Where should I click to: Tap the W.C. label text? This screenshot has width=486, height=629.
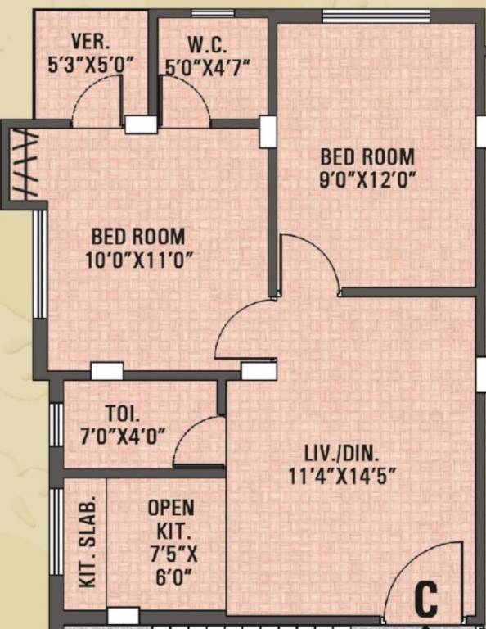[x=208, y=45]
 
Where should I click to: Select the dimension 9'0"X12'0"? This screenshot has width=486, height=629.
[x=367, y=180]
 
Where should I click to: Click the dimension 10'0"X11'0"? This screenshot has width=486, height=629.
[x=137, y=260]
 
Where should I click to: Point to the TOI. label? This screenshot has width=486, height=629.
[x=123, y=413]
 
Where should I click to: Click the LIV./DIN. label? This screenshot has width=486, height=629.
[x=341, y=455]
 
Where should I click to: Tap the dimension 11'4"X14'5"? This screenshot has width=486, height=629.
[x=342, y=477]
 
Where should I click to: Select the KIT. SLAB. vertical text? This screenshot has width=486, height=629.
[x=88, y=541]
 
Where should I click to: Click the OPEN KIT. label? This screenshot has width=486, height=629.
[x=172, y=519]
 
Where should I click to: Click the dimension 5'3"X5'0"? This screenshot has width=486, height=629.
[x=90, y=65]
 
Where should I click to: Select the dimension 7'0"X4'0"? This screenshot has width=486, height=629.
[x=123, y=436]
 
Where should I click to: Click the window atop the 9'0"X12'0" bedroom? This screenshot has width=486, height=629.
[x=376, y=16]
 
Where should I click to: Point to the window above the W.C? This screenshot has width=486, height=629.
[x=213, y=14]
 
